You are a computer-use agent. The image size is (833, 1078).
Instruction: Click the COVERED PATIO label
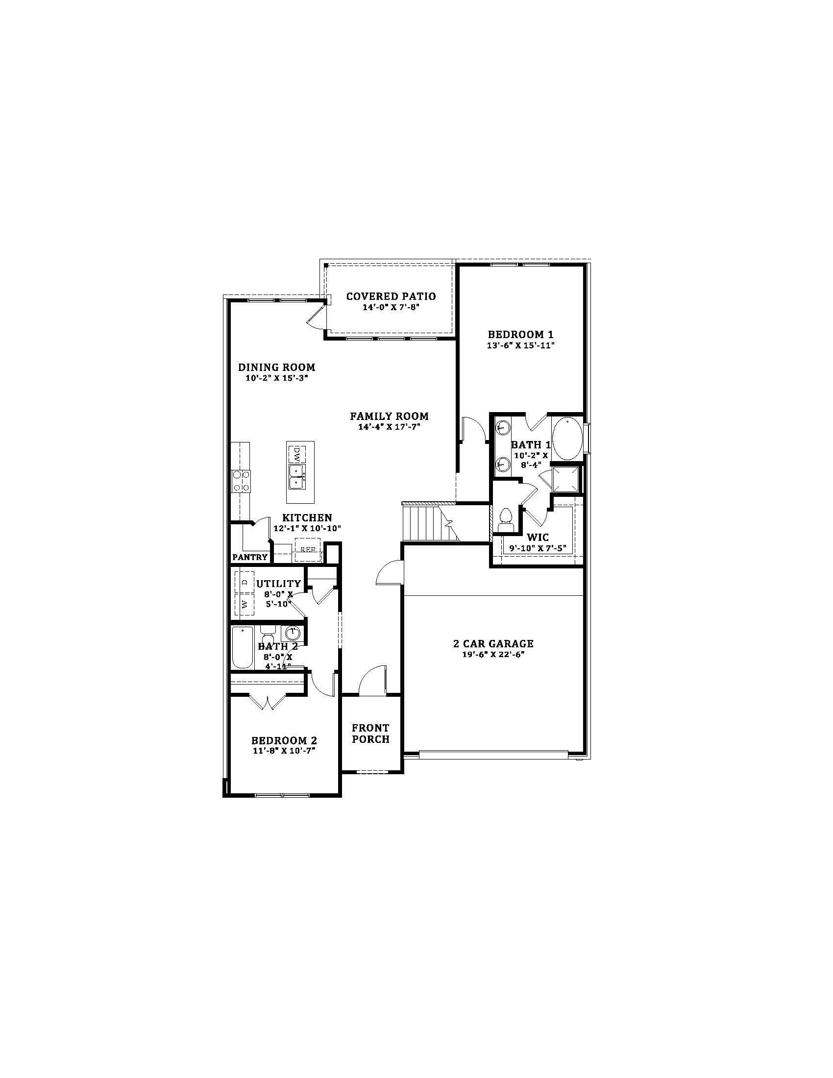[391, 296]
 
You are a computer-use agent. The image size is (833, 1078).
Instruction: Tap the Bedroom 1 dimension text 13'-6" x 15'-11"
[520, 345]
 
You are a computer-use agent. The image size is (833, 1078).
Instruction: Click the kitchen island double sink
[297, 476]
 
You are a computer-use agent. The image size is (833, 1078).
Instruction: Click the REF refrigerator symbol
[308, 550]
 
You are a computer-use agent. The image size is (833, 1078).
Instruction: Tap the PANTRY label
[250, 557]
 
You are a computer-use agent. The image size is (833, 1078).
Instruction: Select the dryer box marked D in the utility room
[245, 582]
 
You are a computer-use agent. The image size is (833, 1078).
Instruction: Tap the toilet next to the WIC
[506, 520]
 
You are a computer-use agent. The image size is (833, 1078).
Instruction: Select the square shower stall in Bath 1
[565, 479]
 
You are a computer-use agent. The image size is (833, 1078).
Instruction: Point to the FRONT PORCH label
[370, 734]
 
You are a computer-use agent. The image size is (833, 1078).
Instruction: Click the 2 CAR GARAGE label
[493, 644]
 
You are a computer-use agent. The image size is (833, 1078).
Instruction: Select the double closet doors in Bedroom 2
[267, 702]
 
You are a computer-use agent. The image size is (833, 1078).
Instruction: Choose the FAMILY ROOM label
[390, 416]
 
